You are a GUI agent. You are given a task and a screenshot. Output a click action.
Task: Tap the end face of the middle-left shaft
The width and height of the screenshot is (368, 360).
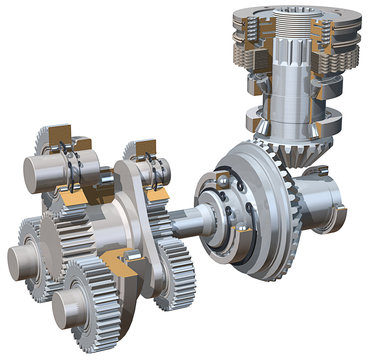point(21,257)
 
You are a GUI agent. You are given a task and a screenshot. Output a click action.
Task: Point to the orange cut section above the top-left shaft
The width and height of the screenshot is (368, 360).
point(63,134)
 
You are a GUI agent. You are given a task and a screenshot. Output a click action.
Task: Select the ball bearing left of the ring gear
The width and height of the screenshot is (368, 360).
point(215,204)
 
